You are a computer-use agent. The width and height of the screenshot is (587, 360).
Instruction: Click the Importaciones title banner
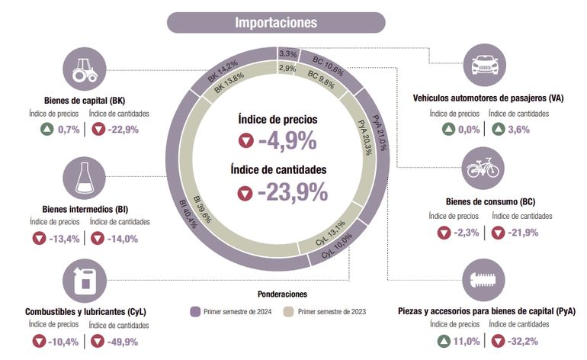click(276, 22)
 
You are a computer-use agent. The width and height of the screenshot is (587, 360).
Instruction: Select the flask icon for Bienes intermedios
click(83, 178)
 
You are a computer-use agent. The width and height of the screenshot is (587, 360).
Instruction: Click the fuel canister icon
click(83, 280)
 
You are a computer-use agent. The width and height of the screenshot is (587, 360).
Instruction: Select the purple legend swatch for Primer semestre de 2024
click(195, 311)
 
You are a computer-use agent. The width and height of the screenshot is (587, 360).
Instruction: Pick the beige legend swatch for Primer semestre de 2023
click(288, 311)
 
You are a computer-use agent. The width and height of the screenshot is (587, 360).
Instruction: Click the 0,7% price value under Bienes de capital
click(69, 130)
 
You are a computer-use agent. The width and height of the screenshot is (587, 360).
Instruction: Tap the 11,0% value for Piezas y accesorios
click(466, 341)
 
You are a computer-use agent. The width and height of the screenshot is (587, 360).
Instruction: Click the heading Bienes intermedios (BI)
click(80, 209)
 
